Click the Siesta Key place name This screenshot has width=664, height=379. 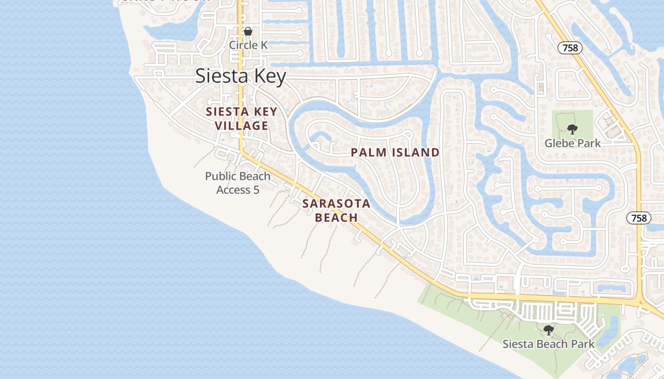coord(241,76)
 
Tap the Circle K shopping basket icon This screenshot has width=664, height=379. coord(248,32)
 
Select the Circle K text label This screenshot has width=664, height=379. coord(248,45)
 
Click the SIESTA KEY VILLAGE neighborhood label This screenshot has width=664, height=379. coord(241,119)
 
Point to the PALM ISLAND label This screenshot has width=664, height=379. coord(395,153)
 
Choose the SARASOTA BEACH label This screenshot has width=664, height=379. coord(336,210)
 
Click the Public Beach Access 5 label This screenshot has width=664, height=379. coord(238,183)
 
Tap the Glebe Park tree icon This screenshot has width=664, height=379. coord(572,129)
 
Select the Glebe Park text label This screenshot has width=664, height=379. coord(572,143)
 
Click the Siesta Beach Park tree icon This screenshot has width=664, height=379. coord(549,330)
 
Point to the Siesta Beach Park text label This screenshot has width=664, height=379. coord(548,344)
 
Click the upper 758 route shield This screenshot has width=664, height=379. coord(570,47)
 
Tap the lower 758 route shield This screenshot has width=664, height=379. coord(639,218)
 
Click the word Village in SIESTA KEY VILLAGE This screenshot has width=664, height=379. coord(241,126)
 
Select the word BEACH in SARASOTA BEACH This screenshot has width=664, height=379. coord(336,217)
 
